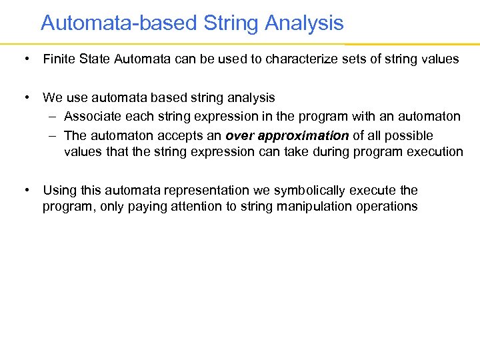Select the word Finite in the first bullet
pos(58,59)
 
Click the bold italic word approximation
pos(303,135)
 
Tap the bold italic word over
pos(240,135)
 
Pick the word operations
pos(388,206)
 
